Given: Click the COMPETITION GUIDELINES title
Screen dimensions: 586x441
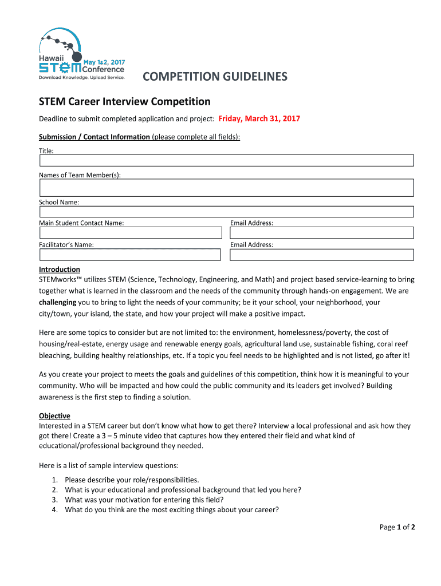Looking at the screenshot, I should click(x=215, y=77).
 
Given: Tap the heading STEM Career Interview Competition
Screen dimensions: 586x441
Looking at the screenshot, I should click(x=124, y=102).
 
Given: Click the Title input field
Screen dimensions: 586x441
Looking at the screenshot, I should click(x=226, y=160).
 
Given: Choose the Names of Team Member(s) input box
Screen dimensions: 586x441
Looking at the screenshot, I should click(x=226, y=188).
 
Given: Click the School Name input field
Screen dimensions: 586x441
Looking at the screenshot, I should click(x=226, y=212).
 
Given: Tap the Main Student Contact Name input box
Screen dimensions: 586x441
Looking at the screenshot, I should click(x=130, y=233).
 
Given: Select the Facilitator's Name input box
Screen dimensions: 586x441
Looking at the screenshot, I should click(x=130, y=255).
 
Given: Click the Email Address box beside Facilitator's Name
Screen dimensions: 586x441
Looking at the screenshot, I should click(x=321, y=255).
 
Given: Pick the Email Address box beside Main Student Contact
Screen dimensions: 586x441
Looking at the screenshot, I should click(x=321, y=233).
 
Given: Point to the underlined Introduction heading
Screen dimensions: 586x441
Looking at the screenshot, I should click(x=60, y=270).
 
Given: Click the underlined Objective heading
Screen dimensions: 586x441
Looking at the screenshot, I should click(x=54, y=416).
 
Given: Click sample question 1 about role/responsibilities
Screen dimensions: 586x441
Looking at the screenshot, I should click(x=132, y=480).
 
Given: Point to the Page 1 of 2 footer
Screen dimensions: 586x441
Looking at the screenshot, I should click(x=397, y=527).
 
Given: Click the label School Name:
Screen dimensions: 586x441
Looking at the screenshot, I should click(x=59, y=202).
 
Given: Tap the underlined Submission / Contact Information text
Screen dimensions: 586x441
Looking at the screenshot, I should click(x=94, y=137).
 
